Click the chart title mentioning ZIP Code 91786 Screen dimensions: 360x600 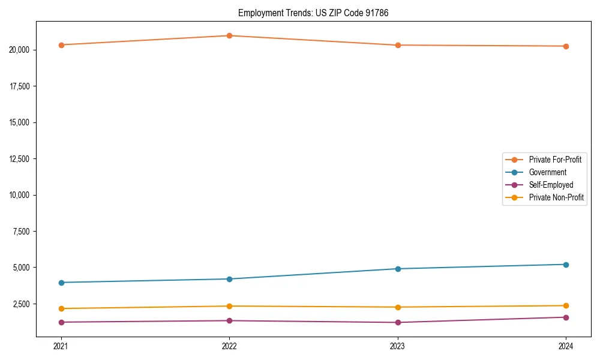point(313,13)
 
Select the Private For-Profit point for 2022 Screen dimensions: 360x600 point(229,35)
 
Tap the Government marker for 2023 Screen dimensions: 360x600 point(398,269)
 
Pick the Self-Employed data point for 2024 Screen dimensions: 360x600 point(566,317)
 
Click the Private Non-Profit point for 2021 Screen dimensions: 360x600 point(61,308)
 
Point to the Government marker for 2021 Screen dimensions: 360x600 point(61,283)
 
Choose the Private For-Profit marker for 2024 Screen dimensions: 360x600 point(566,46)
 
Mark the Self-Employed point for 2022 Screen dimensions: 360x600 point(229,320)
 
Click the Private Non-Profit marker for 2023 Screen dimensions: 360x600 point(398,307)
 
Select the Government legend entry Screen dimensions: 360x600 point(547,172)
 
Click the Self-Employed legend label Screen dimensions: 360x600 point(551,185)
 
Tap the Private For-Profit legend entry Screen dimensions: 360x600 point(555,160)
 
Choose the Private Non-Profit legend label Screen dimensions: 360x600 point(556,197)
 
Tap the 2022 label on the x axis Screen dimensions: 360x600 point(229,346)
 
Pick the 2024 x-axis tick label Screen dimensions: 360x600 point(566,346)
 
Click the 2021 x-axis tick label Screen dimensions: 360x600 point(61,346)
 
